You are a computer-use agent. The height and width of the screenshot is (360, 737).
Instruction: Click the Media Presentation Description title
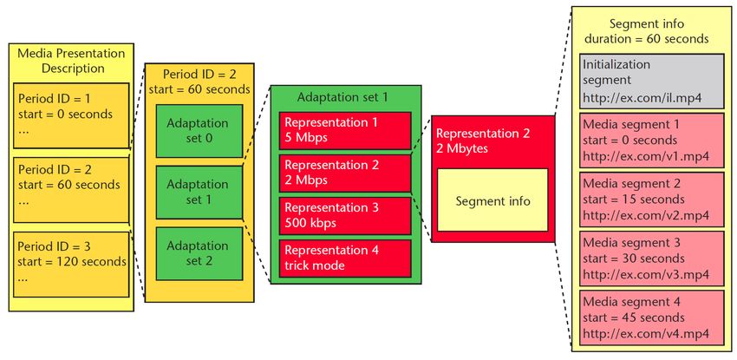tap(71, 61)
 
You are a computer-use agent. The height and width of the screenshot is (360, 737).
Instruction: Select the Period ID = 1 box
tap(71, 115)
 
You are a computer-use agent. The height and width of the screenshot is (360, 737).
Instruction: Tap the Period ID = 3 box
tap(71, 264)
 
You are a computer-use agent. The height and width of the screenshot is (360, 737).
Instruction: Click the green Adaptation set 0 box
tap(199, 131)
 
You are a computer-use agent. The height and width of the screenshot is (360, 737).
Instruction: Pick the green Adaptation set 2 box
tap(199, 254)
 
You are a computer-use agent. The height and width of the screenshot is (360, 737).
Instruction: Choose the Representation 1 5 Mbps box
tap(345, 130)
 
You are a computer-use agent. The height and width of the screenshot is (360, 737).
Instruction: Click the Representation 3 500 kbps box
tap(345, 216)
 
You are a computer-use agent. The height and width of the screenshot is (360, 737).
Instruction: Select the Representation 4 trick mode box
tap(345, 259)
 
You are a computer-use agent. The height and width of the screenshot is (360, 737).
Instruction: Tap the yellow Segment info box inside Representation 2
tap(492, 200)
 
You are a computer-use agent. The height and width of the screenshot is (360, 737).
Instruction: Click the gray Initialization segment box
tap(651, 81)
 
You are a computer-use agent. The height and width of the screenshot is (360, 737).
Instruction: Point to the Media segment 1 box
tap(651, 140)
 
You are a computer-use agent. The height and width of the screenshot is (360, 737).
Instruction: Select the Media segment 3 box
tap(651, 259)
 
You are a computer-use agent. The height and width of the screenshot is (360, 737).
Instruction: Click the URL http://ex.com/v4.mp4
tap(646, 334)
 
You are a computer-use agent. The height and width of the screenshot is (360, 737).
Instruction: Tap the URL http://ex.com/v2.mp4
tap(646, 215)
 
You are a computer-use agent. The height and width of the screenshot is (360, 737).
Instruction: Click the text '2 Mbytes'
tap(462, 149)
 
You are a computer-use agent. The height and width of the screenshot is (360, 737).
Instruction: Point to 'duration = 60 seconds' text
tap(647, 38)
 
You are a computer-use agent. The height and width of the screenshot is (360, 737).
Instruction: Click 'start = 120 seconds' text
tap(72, 261)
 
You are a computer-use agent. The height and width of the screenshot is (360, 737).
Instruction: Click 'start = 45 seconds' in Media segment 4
tap(634, 317)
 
